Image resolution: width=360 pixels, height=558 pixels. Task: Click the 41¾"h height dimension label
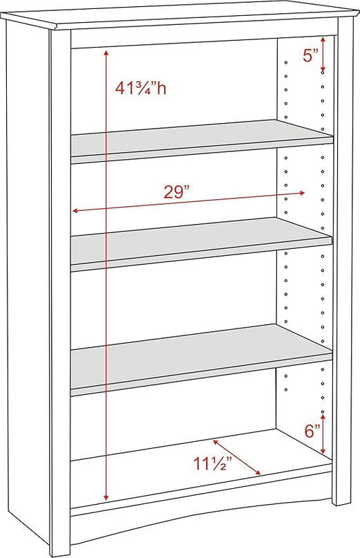[x=140, y=89]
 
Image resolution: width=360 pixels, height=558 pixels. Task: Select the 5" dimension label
[x=310, y=55]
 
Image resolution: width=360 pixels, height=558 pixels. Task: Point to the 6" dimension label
[x=313, y=431]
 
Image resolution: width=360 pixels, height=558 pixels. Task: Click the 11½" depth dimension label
[x=212, y=463]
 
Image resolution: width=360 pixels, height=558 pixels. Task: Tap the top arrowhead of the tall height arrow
[x=106, y=53]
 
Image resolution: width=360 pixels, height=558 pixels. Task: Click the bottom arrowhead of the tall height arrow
[x=106, y=498]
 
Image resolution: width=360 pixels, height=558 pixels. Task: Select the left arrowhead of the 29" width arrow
[x=75, y=211]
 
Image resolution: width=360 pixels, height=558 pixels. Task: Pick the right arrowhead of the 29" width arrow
[x=302, y=193]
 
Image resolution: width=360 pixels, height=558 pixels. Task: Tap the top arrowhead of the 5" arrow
[x=323, y=40]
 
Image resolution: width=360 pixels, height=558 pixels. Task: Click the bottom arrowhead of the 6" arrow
[x=323, y=451]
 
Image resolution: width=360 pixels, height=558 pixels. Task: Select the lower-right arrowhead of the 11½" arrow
[x=258, y=472]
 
